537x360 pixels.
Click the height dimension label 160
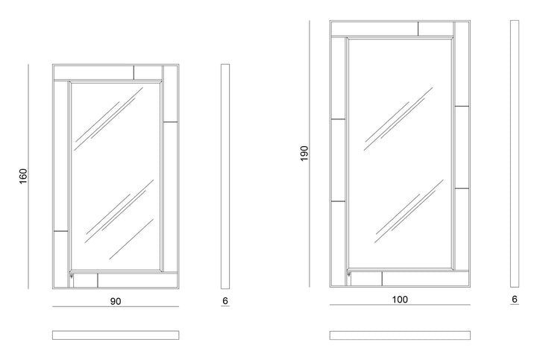[x=23, y=176]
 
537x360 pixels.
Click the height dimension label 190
[x=304, y=154]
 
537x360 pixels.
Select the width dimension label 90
[x=116, y=301]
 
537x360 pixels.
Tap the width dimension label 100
[x=400, y=300]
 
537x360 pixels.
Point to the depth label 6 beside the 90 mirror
[x=225, y=301]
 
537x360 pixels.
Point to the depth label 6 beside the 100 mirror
[x=515, y=299]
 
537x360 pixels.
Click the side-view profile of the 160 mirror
[x=225, y=176]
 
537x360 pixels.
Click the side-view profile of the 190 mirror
[x=515, y=154]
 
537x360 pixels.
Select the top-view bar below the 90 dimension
[x=116, y=335]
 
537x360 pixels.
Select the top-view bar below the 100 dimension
[x=400, y=335]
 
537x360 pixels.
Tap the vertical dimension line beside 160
[x=28, y=176]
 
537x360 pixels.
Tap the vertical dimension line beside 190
[x=310, y=154]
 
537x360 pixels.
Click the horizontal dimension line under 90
[x=116, y=306]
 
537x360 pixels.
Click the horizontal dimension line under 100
[x=400, y=305]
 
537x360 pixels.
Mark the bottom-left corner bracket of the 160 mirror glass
[x=72, y=273]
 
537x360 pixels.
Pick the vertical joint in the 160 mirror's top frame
[x=134, y=72]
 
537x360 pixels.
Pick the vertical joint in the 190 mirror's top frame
[x=418, y=29]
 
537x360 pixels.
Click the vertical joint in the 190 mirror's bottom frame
[x=382, y=279]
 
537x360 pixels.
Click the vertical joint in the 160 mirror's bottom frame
[x=98, y=280]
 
